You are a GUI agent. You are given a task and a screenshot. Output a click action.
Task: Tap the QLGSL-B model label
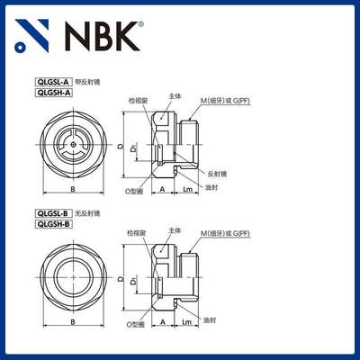coord(51,213)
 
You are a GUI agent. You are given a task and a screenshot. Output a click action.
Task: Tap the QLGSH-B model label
coord(51,224)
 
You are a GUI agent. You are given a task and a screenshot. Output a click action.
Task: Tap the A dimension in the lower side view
coord(162,320)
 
